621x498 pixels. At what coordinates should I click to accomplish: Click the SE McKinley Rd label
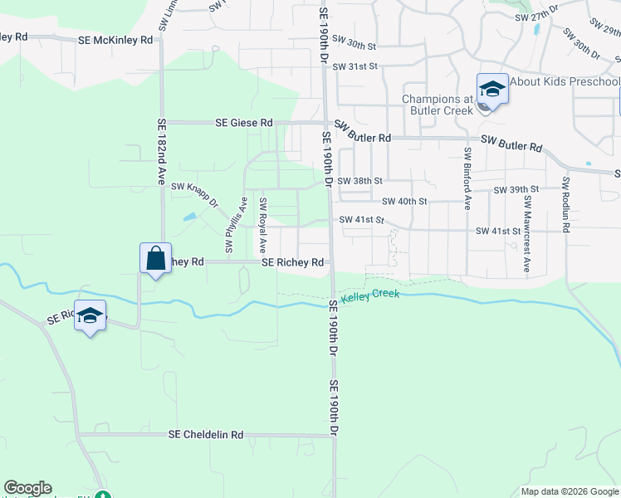pyautogui.click(x=116, y=39)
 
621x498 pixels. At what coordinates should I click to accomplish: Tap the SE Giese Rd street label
pyautogui.click(x=244, y=122)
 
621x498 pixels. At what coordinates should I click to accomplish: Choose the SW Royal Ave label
pyautogui.click(x=262, y=225)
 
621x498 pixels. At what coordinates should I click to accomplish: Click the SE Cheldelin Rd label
pyautogui.click(x=206, y=434)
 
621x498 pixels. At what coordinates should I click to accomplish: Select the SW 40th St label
pyautogui.click(x=404, y=201)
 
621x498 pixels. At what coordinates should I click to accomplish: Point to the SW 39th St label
pyautogui.click(x=516, y=190)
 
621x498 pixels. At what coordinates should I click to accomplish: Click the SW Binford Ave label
pyautogui.click(x=467, y=178)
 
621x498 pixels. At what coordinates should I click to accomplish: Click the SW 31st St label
pyautogui.click(x=355, y=66)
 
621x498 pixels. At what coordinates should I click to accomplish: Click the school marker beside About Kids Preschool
pyautogui.click(x=492, y=88)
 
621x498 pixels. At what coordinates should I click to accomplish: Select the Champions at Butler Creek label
pyautogui.click(x=437, y=105)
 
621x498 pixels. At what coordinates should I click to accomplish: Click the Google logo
pyautogui.click(x=27, y=488)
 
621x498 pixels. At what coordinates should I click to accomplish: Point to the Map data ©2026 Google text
pyautogui.click(x=569, y=491)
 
